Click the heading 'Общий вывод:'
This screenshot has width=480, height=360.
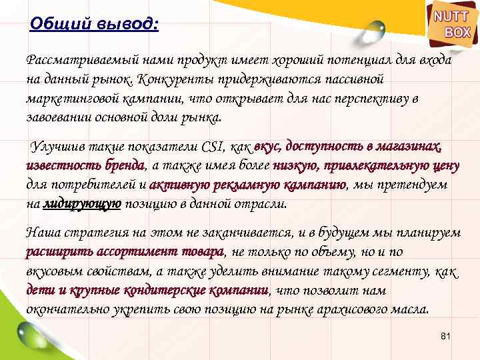[95, 25]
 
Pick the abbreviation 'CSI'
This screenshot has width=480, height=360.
[214, 147]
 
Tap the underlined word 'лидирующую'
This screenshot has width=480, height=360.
[81, 204]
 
